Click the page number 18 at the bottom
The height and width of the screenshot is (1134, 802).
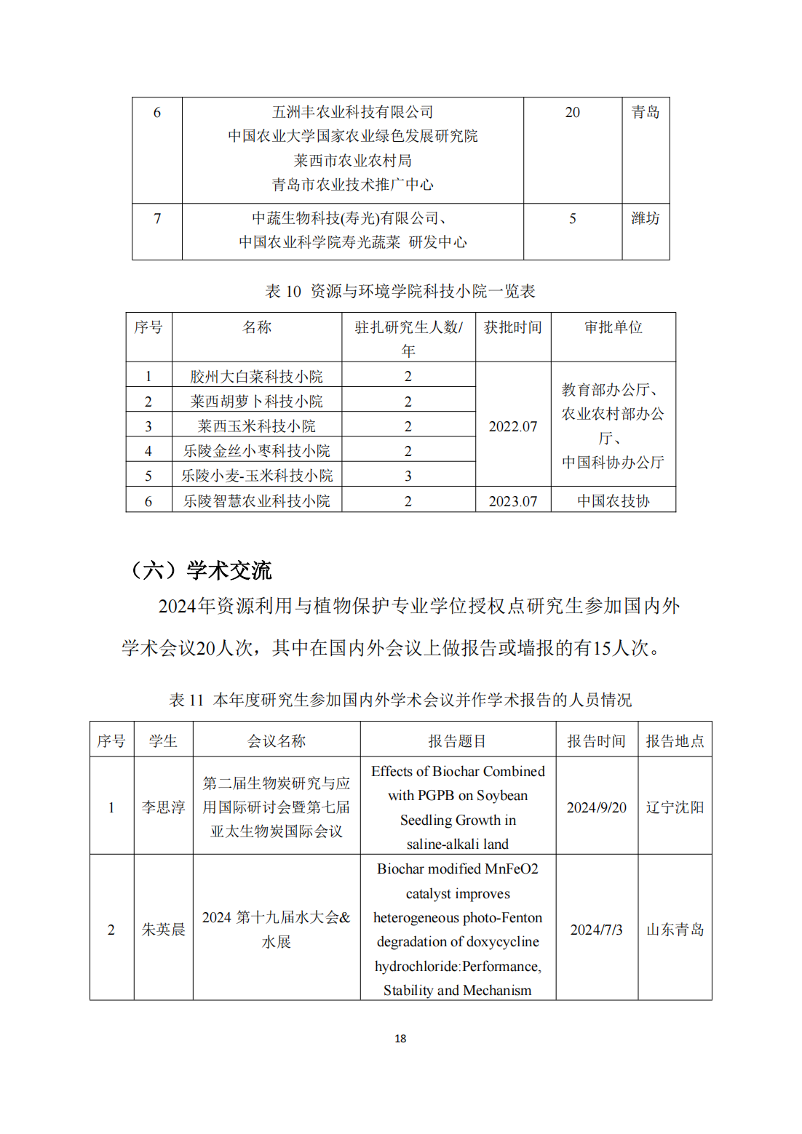400,1038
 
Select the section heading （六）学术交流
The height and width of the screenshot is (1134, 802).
200,570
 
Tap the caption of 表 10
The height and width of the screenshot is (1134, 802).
400,292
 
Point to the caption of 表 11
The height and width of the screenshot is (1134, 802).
400,700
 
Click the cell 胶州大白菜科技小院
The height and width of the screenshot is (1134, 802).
256,376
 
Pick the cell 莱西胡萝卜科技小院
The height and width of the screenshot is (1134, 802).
256,401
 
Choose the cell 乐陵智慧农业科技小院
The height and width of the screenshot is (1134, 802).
256,500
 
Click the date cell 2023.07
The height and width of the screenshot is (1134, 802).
513,501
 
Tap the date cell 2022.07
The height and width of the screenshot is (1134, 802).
513,426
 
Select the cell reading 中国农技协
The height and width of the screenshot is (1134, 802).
613,501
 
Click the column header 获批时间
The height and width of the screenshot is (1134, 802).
513,327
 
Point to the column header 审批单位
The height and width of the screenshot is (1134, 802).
613,327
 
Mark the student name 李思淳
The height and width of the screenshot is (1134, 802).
163,807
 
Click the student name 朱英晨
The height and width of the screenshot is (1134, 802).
163,929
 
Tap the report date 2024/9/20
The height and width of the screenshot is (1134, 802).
596,807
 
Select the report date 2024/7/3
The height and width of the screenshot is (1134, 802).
596,930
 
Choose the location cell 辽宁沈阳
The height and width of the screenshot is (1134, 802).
675,807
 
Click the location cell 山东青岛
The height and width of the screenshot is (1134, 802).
675,930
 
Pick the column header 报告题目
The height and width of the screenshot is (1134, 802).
457,740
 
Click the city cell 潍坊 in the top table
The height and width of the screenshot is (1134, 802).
645,218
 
